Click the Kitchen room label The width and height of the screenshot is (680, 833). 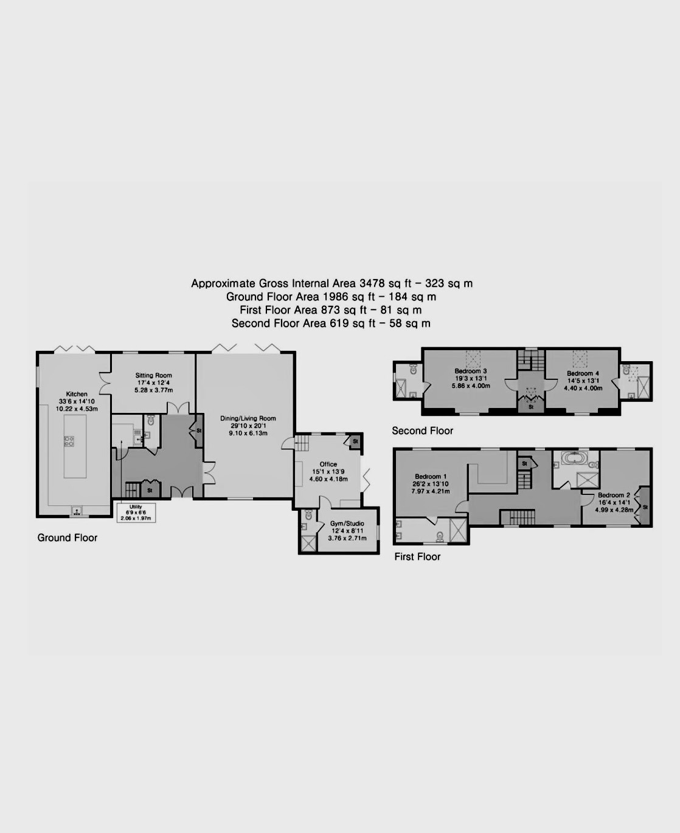click(77, 394)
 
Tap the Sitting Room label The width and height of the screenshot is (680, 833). click(154, 375)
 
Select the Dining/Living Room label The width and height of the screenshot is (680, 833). click(248, 418)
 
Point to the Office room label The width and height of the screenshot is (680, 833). click(328, 464)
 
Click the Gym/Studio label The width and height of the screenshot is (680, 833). click(347, 524)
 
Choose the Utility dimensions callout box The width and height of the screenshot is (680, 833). click(136, 513)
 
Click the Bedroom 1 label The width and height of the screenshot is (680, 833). click(431, 476)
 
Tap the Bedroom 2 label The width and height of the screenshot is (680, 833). click(614, 495)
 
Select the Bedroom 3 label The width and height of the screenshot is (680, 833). click(471, 371)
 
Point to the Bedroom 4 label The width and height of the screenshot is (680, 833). click(583, 373)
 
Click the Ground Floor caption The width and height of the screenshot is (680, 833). click(67, 537)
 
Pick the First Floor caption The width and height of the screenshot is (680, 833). click(417, 556)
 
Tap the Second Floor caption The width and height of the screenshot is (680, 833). click(422, 430)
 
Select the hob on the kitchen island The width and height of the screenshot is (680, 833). click(69, 441)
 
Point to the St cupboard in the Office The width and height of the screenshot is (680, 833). click(355, 441)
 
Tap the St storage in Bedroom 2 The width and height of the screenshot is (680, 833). click(645, 506)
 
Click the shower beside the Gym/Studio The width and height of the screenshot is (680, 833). click(308, 543)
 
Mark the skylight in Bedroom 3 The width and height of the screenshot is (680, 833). click(473, 359)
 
